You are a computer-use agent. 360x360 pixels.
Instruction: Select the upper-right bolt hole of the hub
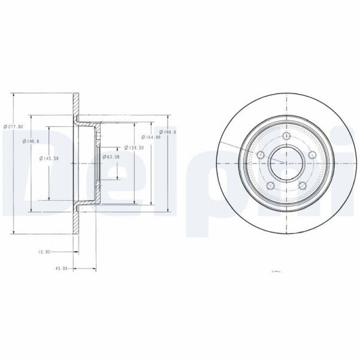tap(312, 155)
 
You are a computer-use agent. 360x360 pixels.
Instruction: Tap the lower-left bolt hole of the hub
tap(270, 186)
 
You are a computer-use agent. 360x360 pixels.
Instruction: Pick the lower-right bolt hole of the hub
tap(302, 186)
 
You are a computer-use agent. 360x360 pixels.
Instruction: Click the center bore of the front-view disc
tap(286, 163)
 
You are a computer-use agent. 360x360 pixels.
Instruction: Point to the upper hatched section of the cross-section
tap(76, 108)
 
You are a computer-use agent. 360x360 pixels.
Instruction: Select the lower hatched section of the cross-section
tap(76, 219)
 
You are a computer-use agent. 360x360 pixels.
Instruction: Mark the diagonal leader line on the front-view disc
tap(240, 147)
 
